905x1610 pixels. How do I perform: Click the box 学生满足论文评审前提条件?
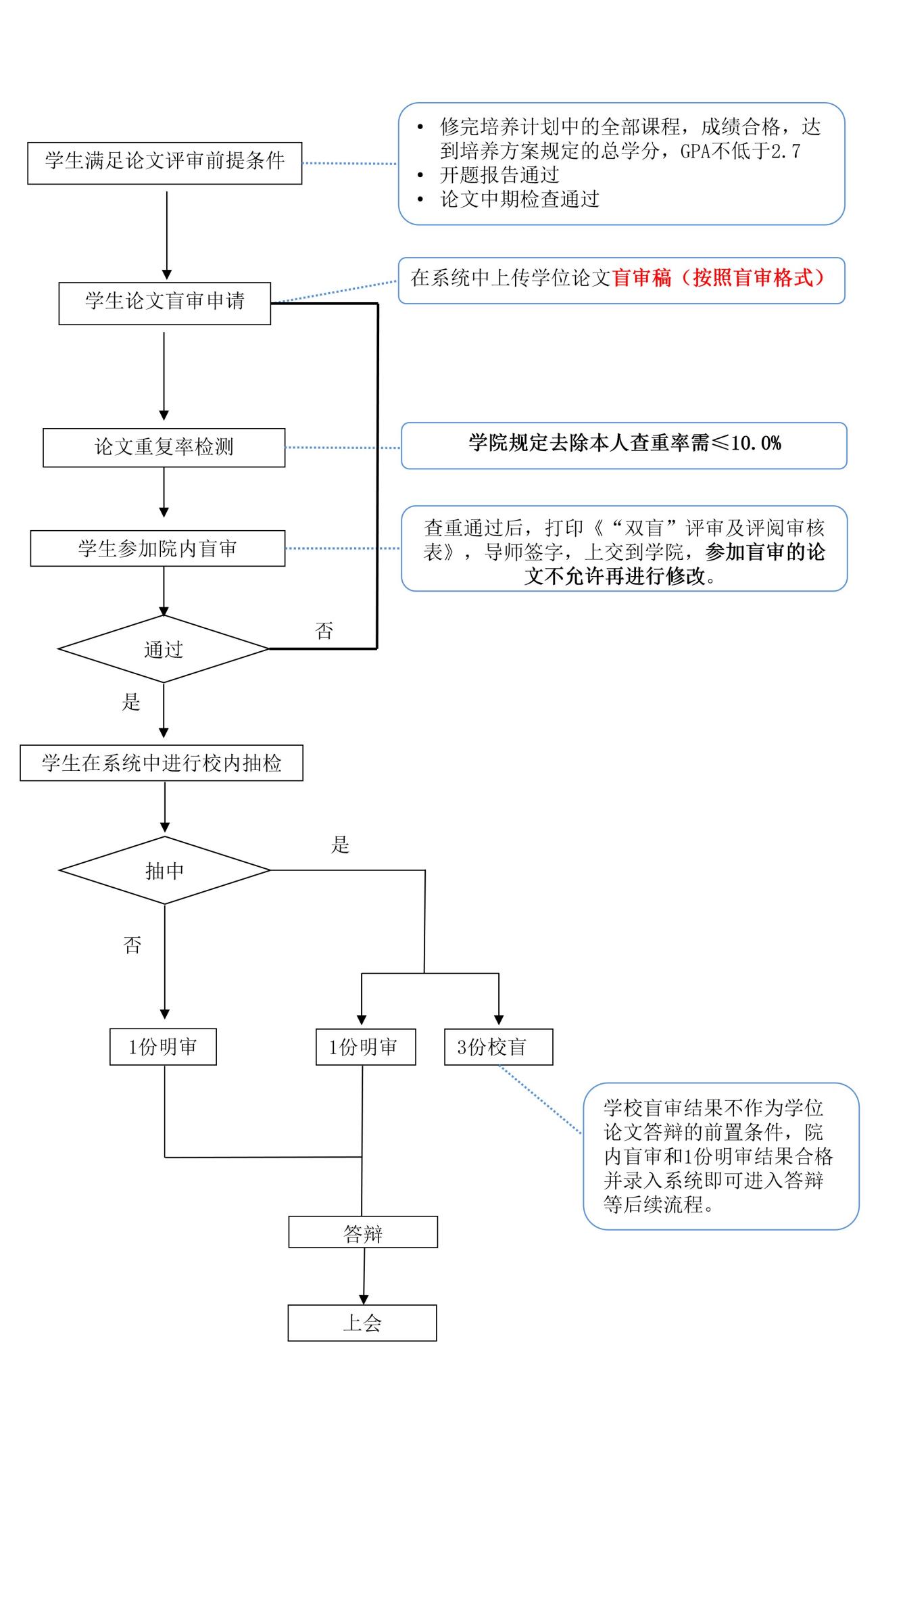click(x=164, y=163)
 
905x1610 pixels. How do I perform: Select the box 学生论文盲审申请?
click(x=164, y=304)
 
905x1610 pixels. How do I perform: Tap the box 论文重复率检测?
click(x=164, y=448)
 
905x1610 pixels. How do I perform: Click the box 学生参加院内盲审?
click(x=157, y=548)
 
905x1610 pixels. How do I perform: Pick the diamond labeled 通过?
click(x=164, y=649)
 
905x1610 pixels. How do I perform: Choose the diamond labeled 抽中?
click(x=164, y=870)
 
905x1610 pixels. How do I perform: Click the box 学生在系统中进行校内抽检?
click(x=162, y=763)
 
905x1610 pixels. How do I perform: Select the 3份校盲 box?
click(x=498, y=1047)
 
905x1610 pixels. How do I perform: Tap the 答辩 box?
click(x=363, y=1233)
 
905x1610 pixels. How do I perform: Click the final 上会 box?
click(x=362, y=1323)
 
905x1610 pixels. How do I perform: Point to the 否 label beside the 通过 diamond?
click(x=324, y=631)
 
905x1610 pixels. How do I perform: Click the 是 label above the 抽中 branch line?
click(x=340, y=845)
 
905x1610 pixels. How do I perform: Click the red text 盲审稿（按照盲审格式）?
click(x=718, y=278)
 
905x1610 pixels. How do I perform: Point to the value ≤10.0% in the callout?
click(x=746, y=444)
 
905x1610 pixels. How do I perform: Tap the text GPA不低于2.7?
click(x=740, y=151)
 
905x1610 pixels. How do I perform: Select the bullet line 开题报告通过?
click(x=499, y=175)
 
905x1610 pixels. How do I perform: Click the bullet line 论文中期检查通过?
click(x=520, y=199)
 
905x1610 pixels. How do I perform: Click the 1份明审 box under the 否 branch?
click(x=163, y=1047)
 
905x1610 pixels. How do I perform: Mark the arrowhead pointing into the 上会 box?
click(x=364, y=1300)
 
